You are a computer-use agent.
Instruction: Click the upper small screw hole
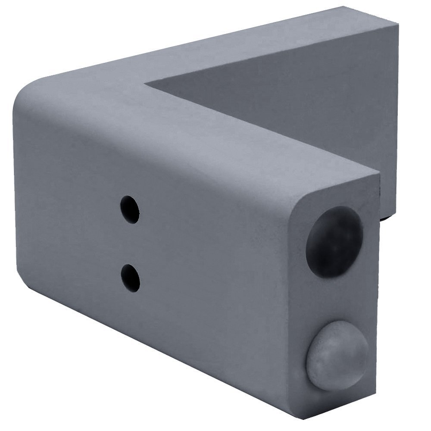point(130,210)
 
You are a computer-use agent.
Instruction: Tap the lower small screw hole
point(130,278)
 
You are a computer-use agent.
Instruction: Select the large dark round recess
point(334,241)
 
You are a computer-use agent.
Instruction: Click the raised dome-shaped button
point(337,360)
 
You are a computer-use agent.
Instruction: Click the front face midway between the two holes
point(130,244)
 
